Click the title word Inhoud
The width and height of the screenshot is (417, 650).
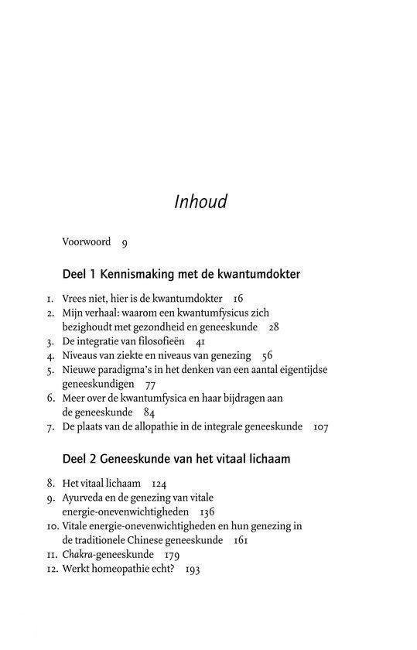point(200,202)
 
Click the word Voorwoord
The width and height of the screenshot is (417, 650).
point(87,242)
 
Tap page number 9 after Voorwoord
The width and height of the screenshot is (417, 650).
point(125,242)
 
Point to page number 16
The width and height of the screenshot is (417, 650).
point(238,299)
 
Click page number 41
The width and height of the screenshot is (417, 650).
point(200,341)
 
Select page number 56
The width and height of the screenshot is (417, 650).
point(268,355)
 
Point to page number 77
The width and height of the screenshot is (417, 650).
point(151,384)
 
